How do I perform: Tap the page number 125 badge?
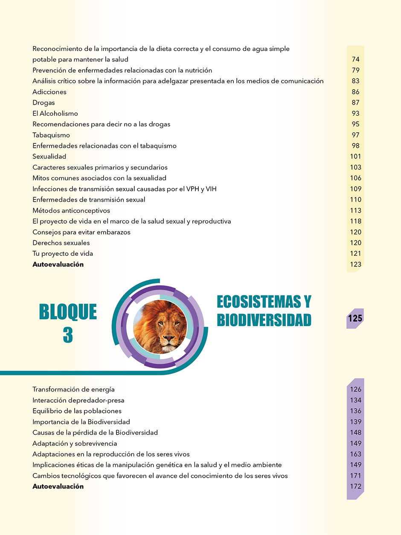click(355, 319)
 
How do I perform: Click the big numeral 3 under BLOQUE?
click(68, 336)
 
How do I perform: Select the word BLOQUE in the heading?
click(68, 312)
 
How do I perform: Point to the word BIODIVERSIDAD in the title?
click(264, 320)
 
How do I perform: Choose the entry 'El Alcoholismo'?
click(55, 114)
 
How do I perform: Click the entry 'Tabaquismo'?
click(51, 135)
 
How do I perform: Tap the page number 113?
click(355, 210)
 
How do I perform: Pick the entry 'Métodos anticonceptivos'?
click(71, 210)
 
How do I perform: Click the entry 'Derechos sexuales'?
click(61, 243)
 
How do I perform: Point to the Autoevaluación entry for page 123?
click(58, 264)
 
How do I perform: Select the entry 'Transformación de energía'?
click(73, 389)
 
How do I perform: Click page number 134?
click(355, 401)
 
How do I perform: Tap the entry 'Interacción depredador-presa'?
click(78, 401)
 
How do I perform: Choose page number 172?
click(355, 486)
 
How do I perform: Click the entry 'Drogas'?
click(44, 103)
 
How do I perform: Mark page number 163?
click(355, 454)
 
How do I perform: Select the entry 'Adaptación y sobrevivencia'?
click(75, 444)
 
